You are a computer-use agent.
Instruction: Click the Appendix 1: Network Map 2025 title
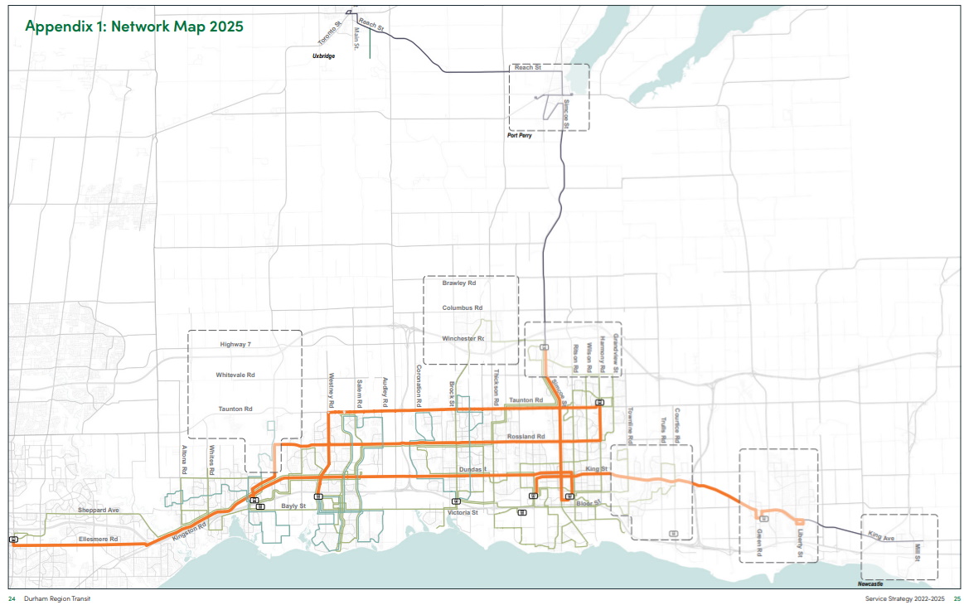(x=134, y=26)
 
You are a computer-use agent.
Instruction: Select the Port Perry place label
(x=519, y=135)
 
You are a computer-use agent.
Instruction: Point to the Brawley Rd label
(x=458, y=283)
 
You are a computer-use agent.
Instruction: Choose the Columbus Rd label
(x=462, y=307)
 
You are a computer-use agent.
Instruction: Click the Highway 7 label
(x=235, y=343)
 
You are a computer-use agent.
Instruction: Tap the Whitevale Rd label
(x=235, y=375)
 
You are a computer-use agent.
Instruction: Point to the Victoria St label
(x=463, y=513)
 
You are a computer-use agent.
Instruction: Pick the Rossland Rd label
(x=525, y=436)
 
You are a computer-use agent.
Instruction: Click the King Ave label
(x=881, y=539)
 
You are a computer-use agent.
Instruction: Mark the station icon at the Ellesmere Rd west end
(x=13, y=540)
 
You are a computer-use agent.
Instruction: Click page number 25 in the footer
(x=957, y=598)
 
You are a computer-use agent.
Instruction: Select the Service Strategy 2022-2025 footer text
(x=904, y=598)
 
